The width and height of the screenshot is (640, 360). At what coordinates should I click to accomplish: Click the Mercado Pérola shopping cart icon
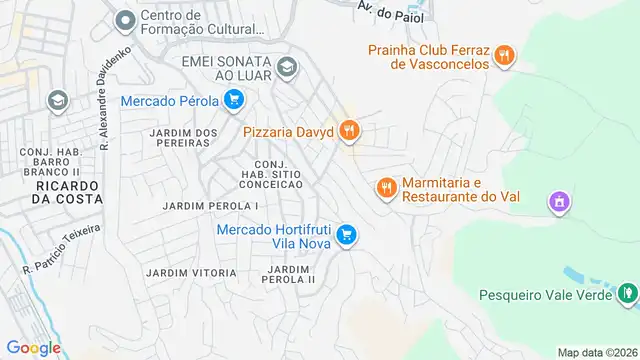233,100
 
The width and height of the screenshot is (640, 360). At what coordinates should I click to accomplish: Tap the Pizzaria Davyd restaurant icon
349,130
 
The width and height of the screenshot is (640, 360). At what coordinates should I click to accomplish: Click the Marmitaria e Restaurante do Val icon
387,187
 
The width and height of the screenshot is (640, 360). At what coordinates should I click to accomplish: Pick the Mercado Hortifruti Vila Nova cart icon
346,235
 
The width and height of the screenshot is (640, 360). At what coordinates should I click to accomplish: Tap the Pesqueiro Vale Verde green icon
627,294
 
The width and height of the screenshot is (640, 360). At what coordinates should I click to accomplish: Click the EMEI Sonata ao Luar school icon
287,68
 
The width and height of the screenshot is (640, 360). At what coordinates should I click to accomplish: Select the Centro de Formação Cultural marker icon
125,20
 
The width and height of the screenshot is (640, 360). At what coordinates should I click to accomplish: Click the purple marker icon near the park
559,204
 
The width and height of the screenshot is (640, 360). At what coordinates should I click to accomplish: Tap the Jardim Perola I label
211,206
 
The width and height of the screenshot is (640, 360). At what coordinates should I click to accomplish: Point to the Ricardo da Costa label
67,192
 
